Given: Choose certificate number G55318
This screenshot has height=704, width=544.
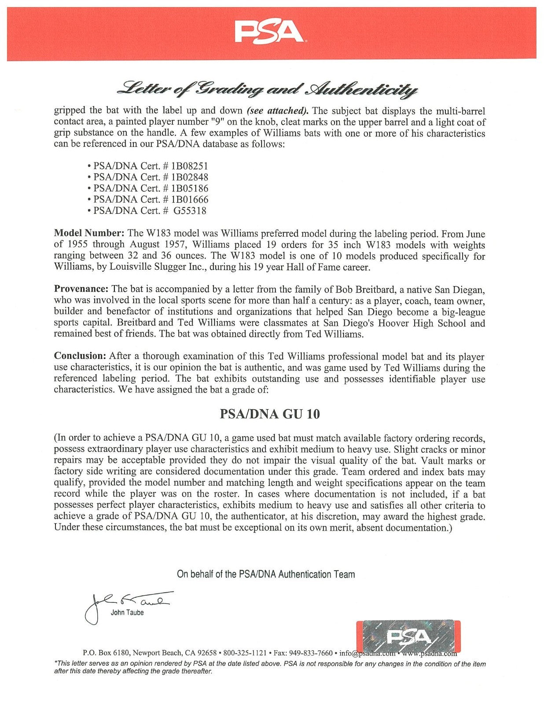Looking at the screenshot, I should click(x=190, y=210).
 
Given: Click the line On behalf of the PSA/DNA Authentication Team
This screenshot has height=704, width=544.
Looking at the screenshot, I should click(x=265, y=574).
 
